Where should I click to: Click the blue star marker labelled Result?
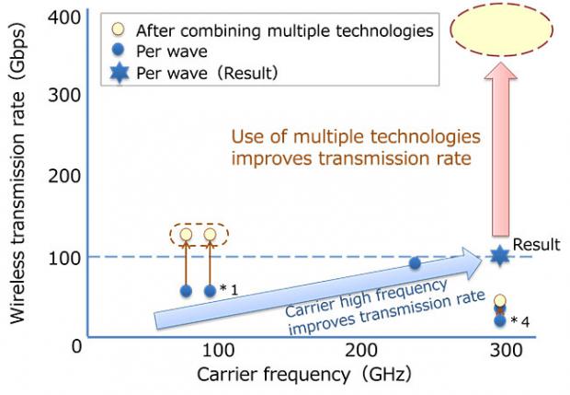(x=500, y=256)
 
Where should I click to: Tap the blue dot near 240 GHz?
(x=415, y=262)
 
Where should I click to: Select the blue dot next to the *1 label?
(x=211, y=291)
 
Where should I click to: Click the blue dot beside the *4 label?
(x=500, y=320)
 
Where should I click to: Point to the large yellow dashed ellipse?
(x=502, y=29)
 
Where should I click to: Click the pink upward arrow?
(x=500, y=149)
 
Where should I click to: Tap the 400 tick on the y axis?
(x=64, y=17)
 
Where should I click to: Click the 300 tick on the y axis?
(x=64, y=96)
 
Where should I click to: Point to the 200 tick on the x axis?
(x=361, y=351)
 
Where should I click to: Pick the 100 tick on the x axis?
(x=218, y=351)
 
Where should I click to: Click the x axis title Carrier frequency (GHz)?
(x=304, y=374)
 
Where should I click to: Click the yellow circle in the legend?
(x=119, y=29)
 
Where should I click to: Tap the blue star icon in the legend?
(x=120, y=73)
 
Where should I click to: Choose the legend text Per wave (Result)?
(x=207, y=73)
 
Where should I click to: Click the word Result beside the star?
(x=537, y=245)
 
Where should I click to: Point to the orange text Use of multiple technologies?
(x=356, y=137)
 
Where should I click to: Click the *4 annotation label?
(x=520, y=320)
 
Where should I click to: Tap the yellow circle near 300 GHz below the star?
(x=500, y=301)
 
